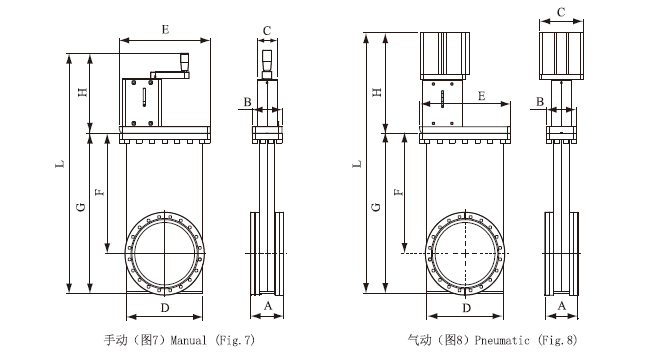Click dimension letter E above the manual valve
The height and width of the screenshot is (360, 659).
click(165, 29)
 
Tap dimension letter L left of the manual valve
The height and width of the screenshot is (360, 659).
click(61, 163)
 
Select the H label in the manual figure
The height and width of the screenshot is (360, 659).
click(83, 92)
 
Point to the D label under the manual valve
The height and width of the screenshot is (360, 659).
click(165, 308)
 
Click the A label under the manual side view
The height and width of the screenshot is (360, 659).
click(268, 306)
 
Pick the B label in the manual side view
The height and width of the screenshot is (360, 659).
click(248, 102)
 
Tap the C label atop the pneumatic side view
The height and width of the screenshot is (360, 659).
click(561, 12)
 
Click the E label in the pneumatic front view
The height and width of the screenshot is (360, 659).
click(482, 96)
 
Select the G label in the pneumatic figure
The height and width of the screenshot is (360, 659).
click(376, 207)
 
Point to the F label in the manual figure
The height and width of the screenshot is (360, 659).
click(100, 192)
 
